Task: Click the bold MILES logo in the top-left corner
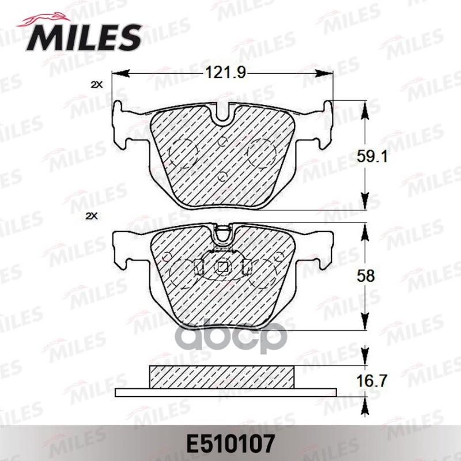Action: (x=80, y=36)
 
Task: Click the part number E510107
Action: (x=229, y=444)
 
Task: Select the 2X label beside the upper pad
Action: (x=96, y=85)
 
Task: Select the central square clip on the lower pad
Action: (x=223, y=267)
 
